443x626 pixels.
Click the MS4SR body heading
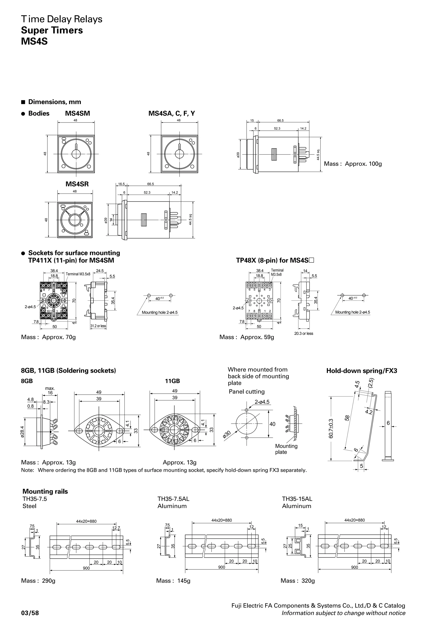[x=77, y=184]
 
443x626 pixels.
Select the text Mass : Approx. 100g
[x=353, y=164]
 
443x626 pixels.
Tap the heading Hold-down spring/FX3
[x=361, y=371]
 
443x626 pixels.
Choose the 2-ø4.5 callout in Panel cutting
[x=262, y=402]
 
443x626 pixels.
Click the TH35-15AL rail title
[x=297, y=499]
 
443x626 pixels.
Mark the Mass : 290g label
[x=38, y=581]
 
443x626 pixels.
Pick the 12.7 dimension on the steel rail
[x=116, y=528]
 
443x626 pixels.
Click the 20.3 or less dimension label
[x=303, y=334]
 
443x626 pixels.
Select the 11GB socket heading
[x=172, y=381]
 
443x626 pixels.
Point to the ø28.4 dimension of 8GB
[x=23, y=432]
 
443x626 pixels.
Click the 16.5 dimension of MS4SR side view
[x=121, y=184]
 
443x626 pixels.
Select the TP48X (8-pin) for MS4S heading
[x=275, y=260]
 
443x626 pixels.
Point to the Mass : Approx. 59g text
[x=246, y=337]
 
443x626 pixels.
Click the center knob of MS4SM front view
[x=76, y=154]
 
